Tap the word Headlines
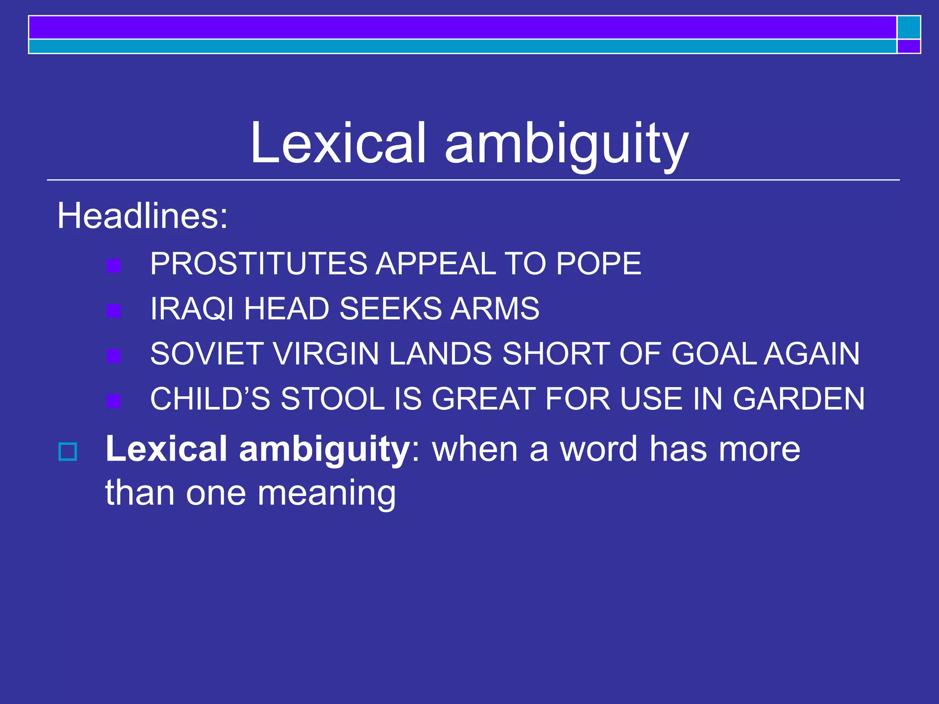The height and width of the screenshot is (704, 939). (142, 216)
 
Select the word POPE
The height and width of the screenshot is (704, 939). (598, 264)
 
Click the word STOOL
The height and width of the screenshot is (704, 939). (332, 399)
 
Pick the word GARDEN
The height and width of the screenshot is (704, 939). (798, 399)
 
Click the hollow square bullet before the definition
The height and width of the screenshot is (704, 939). (68, 452)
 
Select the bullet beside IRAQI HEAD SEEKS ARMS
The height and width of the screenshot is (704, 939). (113, 311)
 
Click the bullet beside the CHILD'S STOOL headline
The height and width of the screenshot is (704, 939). (113, 401)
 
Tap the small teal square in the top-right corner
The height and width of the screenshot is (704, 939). (909, 27)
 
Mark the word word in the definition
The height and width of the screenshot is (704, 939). (599, 449)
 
